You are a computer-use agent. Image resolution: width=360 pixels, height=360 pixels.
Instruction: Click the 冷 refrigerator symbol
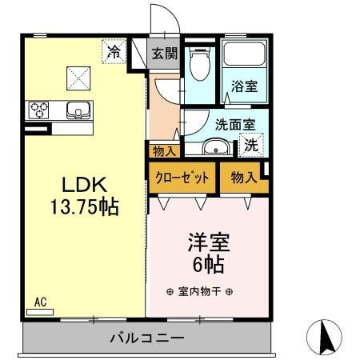click(x=114, y=53)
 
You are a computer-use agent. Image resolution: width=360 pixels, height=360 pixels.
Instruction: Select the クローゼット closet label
click(x=182, y=178)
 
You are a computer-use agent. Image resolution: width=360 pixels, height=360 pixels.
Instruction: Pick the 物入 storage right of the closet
click(x=243, y=178)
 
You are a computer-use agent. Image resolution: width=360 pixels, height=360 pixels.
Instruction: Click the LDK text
click(x=78, y=180)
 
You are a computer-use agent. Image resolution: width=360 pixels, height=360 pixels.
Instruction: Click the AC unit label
click(x=40, y=302)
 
